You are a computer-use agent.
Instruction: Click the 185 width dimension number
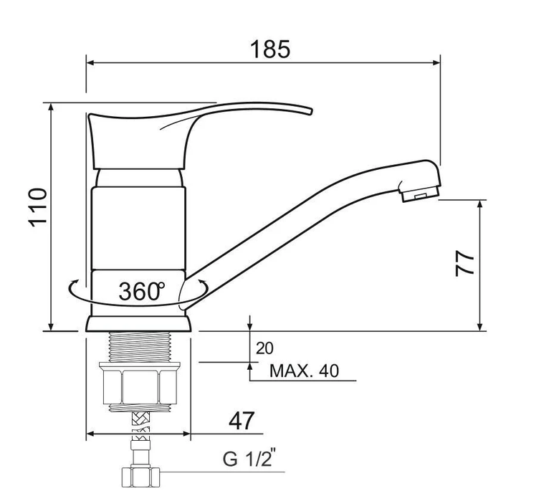tap(270, 49)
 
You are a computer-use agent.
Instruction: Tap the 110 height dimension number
tap(38, 208)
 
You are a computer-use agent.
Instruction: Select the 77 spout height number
tap(464, 264)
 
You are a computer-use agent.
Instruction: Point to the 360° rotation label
tap(141, 291)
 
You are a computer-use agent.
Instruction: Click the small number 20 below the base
tap(264, 348)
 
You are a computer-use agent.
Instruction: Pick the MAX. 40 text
tap(305, 371)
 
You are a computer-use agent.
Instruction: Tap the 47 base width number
tap(242, 421)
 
